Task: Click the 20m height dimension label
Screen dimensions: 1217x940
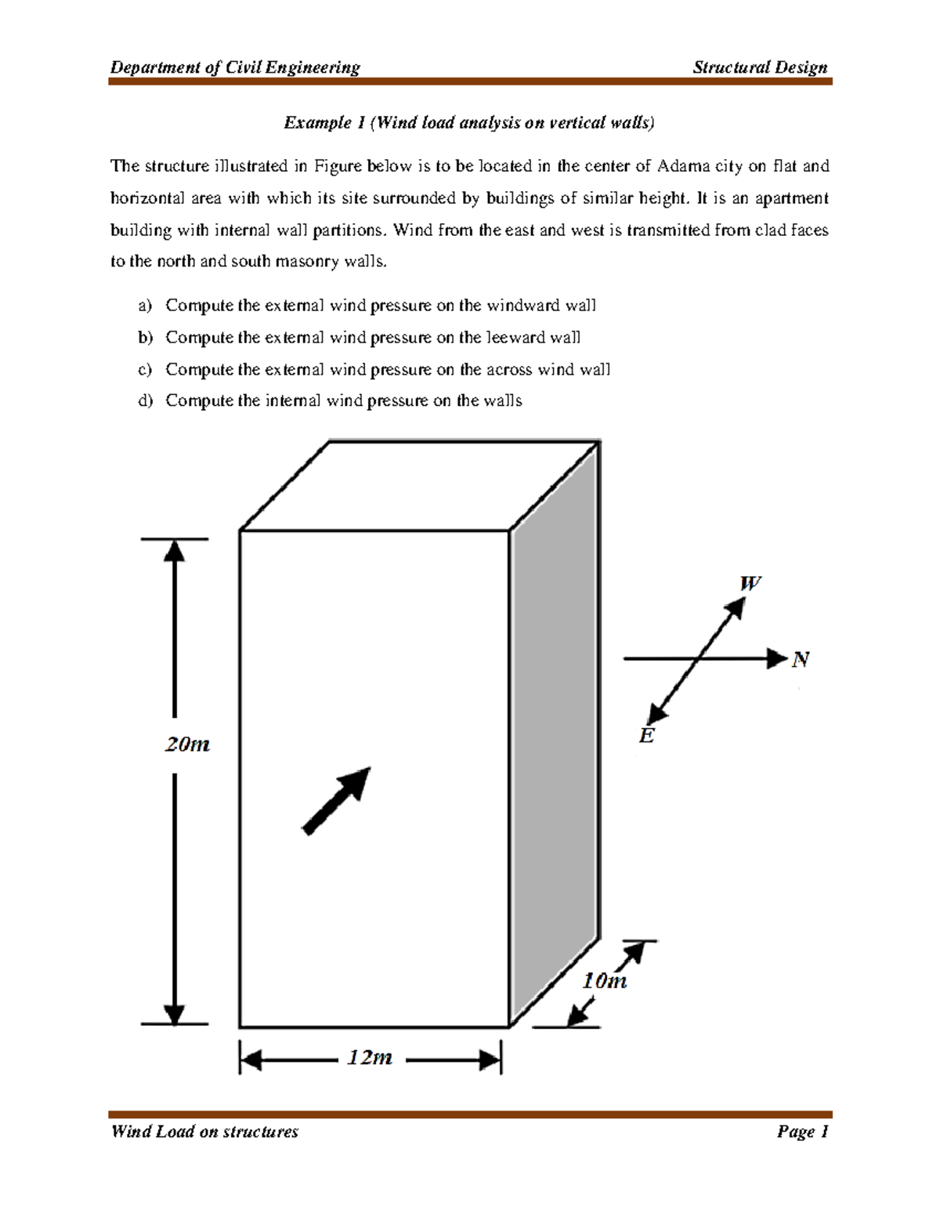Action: [187, 744]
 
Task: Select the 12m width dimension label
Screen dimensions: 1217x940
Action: [370, 1058]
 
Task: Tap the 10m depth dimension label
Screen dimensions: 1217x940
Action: [604, 981]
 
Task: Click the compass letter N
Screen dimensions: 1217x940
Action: [800, 660]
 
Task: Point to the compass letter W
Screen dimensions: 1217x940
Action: [750, 584]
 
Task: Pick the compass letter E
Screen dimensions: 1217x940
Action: [646, 736]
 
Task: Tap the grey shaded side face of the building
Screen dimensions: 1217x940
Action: [555, 729]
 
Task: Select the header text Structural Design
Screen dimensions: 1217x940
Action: [760, 67]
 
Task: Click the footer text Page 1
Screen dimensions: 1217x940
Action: [802, 1132]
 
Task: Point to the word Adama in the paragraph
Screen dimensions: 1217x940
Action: [684, 166]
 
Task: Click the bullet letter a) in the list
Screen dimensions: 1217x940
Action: [145, 306]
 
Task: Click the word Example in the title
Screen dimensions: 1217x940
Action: [318, 122]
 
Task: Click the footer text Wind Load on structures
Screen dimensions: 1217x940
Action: [204, 1132]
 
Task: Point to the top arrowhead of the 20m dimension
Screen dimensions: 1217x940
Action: [174, 550]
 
